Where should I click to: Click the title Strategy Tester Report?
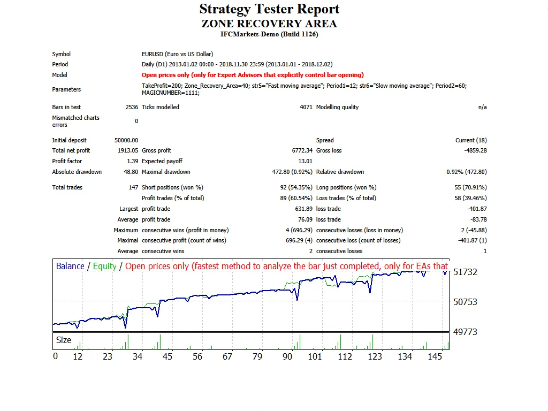(269, 9)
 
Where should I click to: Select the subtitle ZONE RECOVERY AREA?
(269, 24)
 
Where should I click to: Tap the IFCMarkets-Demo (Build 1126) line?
(269, 34)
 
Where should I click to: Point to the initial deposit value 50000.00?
(126, 140)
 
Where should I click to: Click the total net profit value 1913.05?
(128, 151)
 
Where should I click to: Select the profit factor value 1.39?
(133, 161)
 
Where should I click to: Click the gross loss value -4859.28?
(475, 151)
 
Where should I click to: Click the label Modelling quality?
(337, 107)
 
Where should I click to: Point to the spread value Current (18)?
(471, 140)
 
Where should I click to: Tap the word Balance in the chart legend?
(70, 266)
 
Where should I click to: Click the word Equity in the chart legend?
(104, 266)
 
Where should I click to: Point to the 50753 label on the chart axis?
(465, 302)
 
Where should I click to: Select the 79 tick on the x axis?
(257, 356)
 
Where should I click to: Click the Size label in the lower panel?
(64, 340)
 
